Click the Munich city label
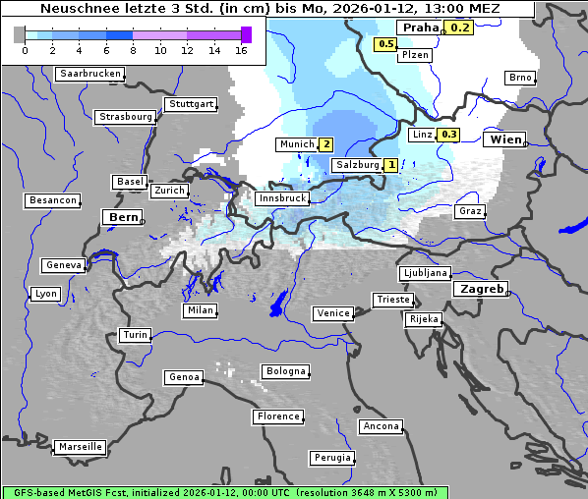coord(296,144)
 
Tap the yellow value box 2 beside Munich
coord(326,144)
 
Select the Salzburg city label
coord(356,165)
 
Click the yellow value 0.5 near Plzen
coord(385,44)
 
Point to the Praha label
coord(420,28)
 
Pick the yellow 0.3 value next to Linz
coord(449,135)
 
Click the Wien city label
coord(506,139)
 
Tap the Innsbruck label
coord(281,198)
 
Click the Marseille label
coord(80,446)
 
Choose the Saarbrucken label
coord(90,74)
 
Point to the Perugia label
coord(331,458)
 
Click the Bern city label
coord(123,216)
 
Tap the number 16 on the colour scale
coord(241,50)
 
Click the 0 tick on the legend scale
coord(25,50)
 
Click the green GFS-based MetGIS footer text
coord(224,492)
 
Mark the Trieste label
coord(392,300)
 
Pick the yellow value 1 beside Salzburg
coord(391,165)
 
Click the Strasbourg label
coord(126,117)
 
